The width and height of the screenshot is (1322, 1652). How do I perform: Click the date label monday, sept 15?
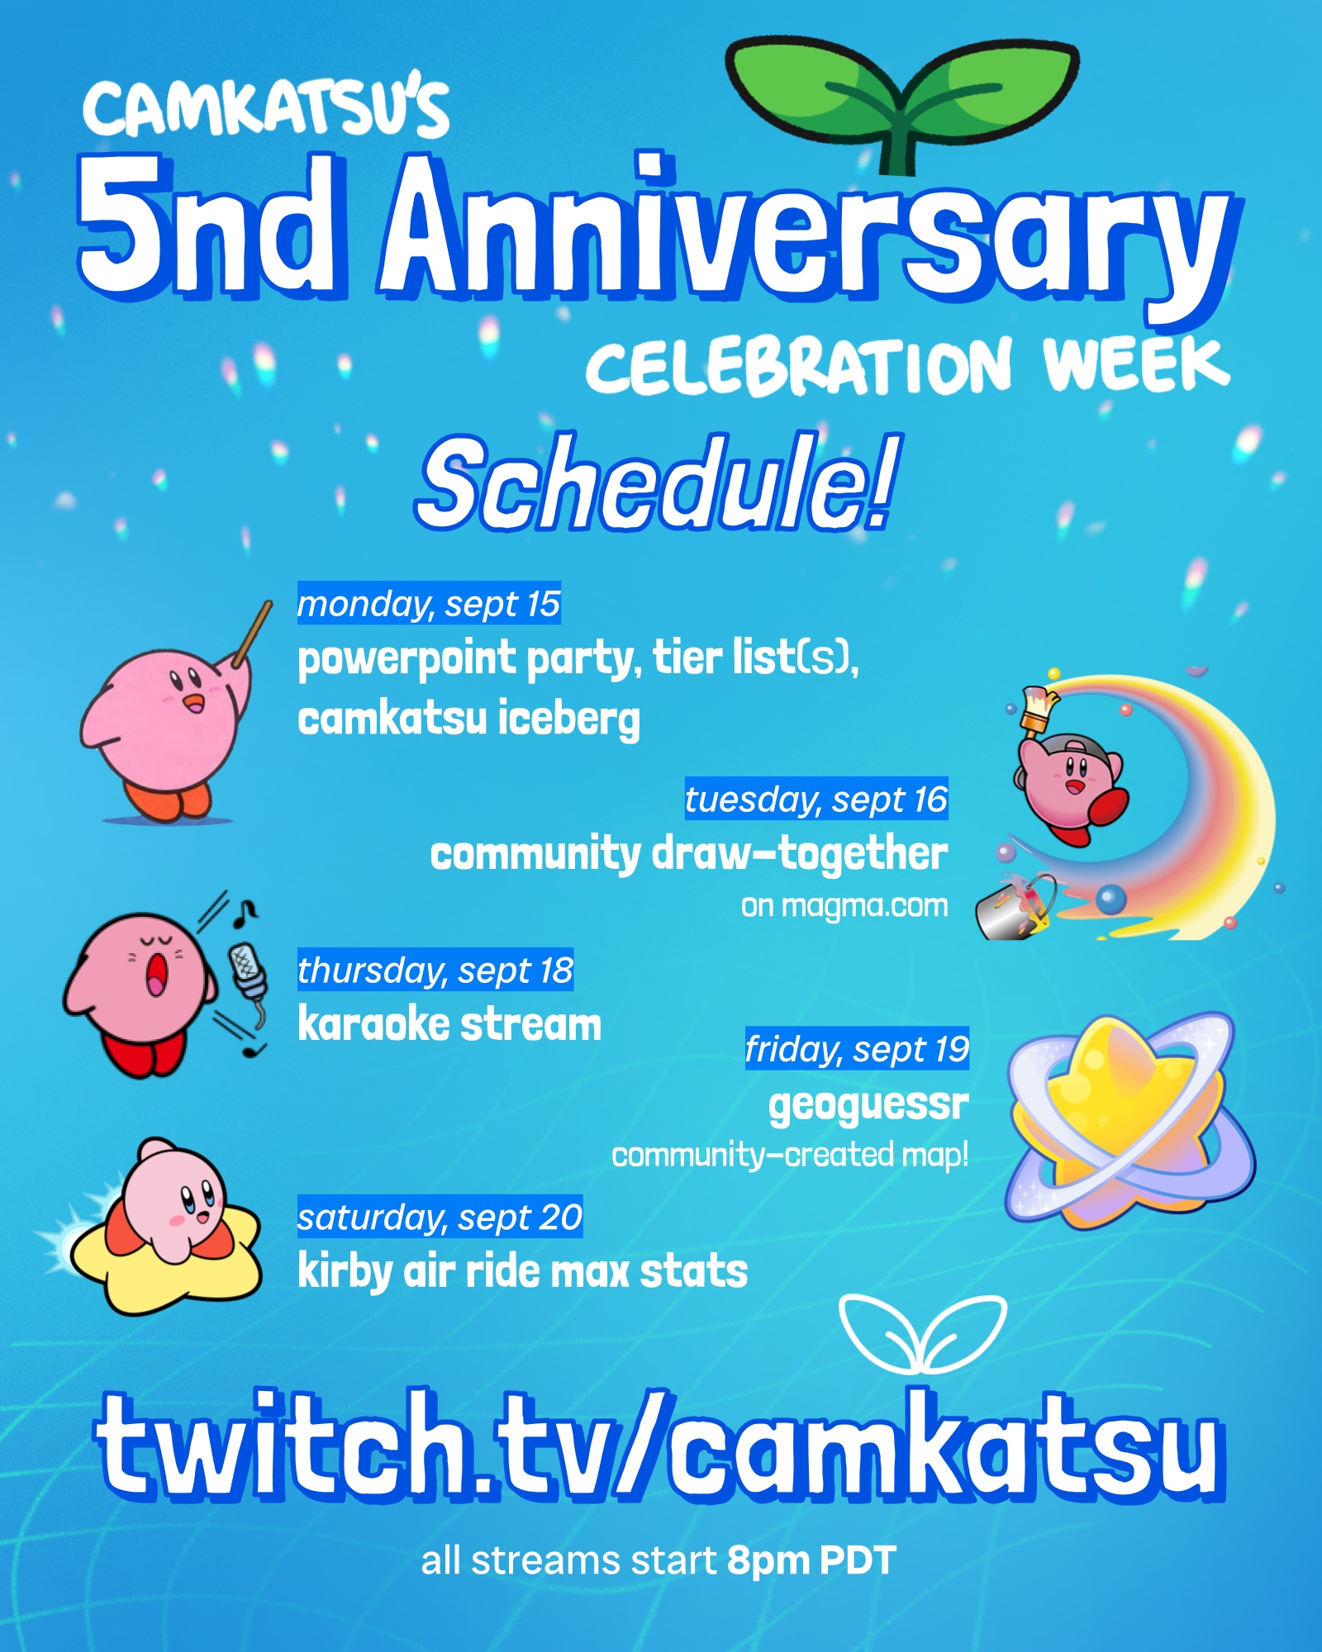click(x=429, y=603)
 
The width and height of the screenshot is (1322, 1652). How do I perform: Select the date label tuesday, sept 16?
click(x=816, y=799)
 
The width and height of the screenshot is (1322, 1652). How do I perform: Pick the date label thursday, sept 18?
click(x=435, y=970)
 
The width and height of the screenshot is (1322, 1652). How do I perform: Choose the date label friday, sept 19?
click(x=857, y=1049)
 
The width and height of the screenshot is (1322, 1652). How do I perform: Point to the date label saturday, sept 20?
click(x=440, y=1217)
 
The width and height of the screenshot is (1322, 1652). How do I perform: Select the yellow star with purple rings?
click(x=1129, y=1121)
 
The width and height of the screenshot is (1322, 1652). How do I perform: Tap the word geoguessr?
click(x=868, y=1105)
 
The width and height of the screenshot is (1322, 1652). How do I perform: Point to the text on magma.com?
click(x=844, y=906)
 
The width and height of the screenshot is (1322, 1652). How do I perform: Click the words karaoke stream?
click(x=449, y=1024)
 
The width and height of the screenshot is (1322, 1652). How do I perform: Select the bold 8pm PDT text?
click(x=811, y=1560)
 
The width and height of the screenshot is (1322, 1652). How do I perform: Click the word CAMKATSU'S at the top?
click(x=266, y=109)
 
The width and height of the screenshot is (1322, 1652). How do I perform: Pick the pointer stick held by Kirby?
click(x=252, y=634)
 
